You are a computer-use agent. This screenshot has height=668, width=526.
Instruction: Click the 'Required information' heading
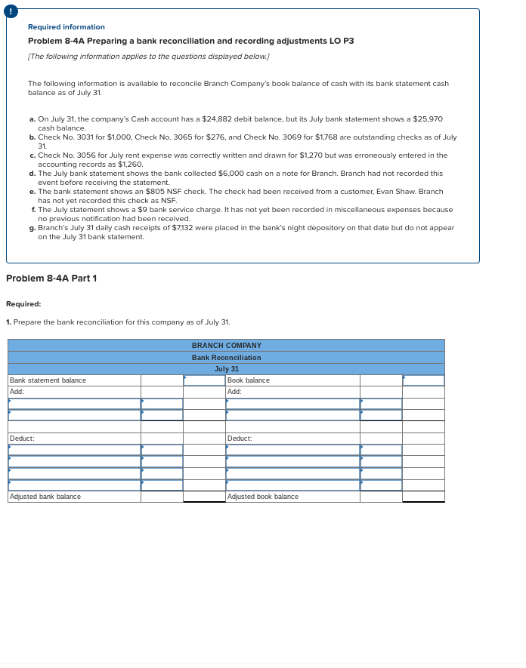[x=67, y=27]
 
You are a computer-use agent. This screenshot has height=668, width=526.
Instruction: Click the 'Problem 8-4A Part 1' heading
[x=51, y=279]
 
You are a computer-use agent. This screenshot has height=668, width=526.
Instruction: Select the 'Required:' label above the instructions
[x=23, y=304]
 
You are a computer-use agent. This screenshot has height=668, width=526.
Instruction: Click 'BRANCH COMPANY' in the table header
[x=226, y=345]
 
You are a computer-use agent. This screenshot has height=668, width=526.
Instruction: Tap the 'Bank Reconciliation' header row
[x=226, y=357]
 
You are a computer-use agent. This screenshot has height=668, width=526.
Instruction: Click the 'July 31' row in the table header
[x=226, y=369]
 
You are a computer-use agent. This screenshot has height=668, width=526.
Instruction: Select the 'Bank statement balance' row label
[x=48, y=380]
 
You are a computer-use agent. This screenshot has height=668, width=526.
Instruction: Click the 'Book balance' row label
[x=248, y=380]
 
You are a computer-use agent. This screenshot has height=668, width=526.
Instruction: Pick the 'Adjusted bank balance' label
[x=45, y=497]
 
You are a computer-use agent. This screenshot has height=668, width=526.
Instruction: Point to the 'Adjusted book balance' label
[x=262, y=497]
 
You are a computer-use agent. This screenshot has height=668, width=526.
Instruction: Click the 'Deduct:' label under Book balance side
[x=240, y=439]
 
